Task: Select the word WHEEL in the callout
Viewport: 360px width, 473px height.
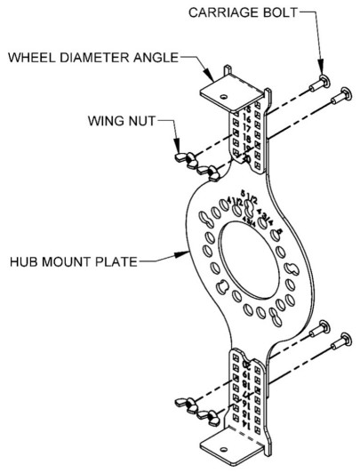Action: click(33, 59)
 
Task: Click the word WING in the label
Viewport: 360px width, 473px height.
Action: click(108, 118)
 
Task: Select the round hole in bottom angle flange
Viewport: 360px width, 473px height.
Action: click(228, 445)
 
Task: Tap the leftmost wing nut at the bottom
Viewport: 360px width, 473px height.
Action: click(189, 405)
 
